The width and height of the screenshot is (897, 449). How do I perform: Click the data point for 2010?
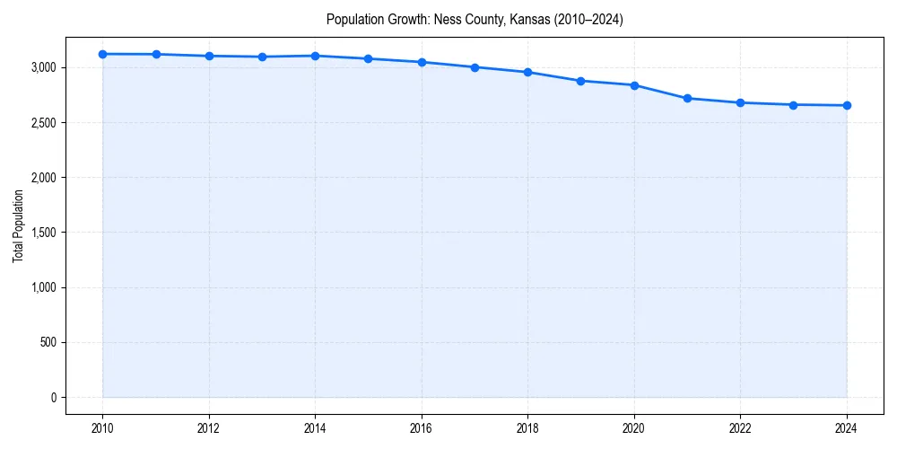(103, 54)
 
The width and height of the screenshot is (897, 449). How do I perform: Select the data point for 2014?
(316, 56)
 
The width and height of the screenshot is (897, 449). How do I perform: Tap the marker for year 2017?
(475, 67)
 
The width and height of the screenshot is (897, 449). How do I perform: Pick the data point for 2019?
(581, 81)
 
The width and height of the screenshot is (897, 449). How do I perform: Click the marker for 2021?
(687, 98)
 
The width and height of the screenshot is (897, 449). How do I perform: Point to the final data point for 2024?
(847, 105)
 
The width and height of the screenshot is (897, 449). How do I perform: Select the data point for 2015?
(369, 58)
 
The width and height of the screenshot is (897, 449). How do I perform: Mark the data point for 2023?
(794, 105)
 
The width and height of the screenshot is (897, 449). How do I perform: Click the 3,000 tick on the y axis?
(43, 67)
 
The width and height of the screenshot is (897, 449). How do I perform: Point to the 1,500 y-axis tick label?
(43, 233)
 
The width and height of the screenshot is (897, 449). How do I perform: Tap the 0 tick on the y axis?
(53, 398)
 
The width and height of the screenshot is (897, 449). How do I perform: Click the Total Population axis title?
(18, 225)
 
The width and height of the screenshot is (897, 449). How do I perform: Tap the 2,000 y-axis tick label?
(43, 178)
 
